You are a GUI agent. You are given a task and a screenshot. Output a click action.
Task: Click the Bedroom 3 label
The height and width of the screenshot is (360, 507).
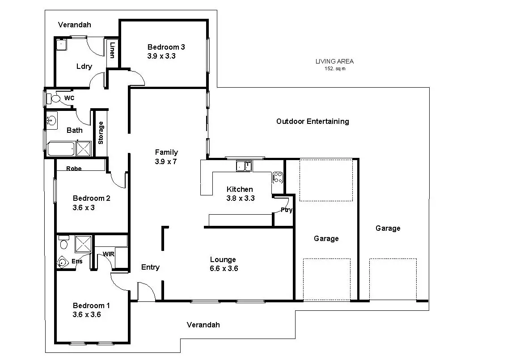coord(166,47)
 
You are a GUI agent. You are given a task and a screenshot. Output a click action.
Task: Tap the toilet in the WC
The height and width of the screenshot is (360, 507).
coord(55,98)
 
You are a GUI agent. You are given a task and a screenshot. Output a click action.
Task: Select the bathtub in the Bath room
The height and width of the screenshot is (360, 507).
coord(60,149)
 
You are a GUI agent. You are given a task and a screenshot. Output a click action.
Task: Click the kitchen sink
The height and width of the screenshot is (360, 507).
coord(244,166)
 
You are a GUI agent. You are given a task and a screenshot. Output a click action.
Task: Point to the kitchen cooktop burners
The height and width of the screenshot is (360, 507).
coord(277,178)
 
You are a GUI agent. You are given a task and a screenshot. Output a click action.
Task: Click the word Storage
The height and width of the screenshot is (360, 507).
coord(101,133)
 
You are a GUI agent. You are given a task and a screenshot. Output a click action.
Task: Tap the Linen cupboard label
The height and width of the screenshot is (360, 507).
coord(112,49)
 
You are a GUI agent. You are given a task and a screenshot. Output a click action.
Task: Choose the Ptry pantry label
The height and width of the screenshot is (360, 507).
coord(287,210)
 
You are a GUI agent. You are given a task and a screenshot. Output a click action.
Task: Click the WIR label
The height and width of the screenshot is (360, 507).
coord(109,254)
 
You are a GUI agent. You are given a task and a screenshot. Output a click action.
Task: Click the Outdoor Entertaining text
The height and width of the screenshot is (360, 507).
coord(313,121)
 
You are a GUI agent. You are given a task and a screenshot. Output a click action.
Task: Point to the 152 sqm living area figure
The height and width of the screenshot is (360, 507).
coord(335,69)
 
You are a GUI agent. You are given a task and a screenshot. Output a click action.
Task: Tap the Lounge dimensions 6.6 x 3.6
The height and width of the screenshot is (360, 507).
coord(224,269)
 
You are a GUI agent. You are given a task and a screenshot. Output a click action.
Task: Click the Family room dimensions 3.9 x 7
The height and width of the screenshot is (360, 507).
coord(166,161)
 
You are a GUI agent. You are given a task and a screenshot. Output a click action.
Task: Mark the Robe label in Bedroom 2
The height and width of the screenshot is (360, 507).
coord(74,169)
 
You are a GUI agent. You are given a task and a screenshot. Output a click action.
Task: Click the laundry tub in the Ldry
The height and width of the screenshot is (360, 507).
coord(61,44)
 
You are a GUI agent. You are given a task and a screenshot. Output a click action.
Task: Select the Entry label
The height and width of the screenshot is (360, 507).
coord(150,267)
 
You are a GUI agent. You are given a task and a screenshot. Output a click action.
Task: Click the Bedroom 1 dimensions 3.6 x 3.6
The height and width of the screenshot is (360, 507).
coord(87,314)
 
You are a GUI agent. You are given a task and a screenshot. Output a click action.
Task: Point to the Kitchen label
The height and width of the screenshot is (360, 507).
coord(240,189)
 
